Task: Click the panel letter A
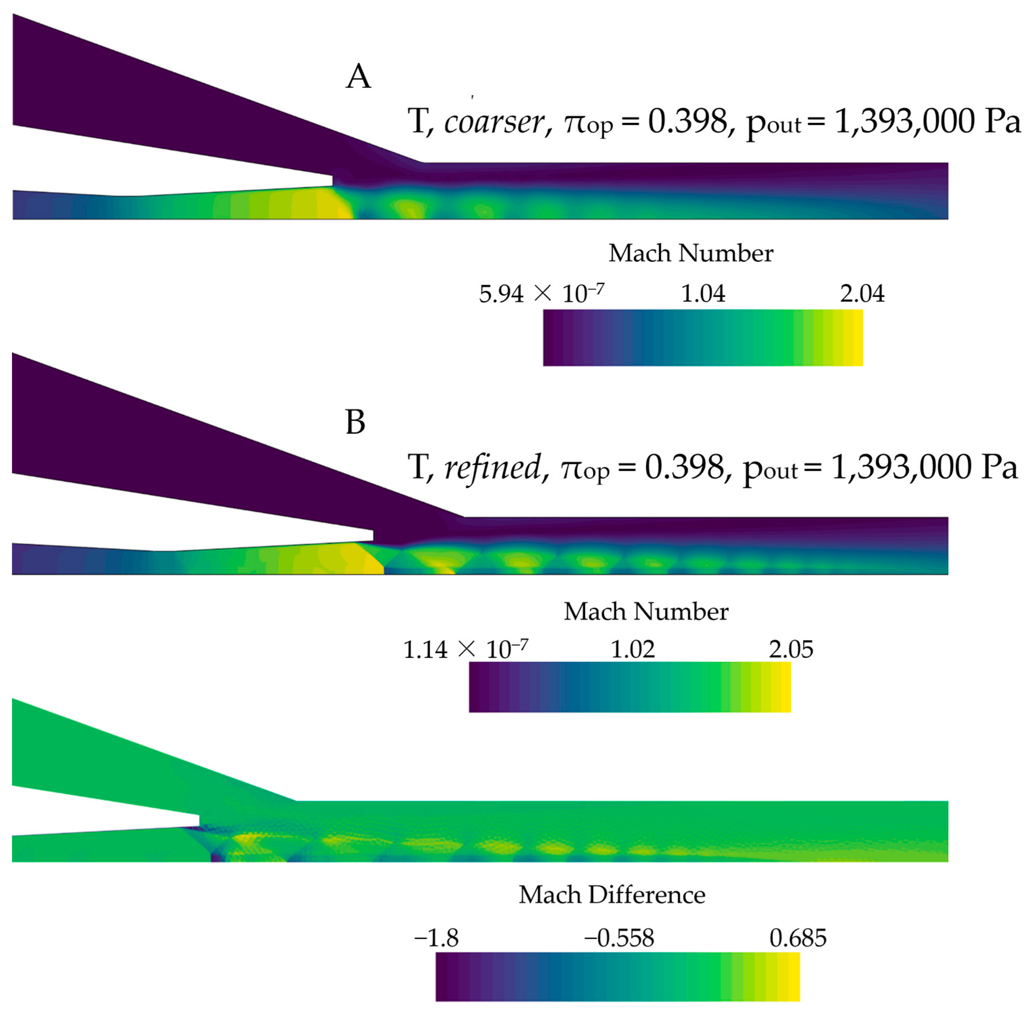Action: [x=358, y=77]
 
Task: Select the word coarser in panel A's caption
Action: [x=493, y=122]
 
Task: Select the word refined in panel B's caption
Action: [x=492, y=467]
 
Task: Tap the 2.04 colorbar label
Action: [x=862, y=294]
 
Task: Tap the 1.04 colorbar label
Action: [x=703, y=294]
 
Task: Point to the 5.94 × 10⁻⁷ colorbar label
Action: [x=542, y=294]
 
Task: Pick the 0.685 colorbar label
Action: [x=798, y=938]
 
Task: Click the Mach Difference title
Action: [x=612, y=895]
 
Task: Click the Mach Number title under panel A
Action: [x=691, y=253]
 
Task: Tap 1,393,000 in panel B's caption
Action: [x=902, y=467]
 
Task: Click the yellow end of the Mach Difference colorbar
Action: [x=793, y=977]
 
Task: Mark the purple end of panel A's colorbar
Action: [x=550, y=338]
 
